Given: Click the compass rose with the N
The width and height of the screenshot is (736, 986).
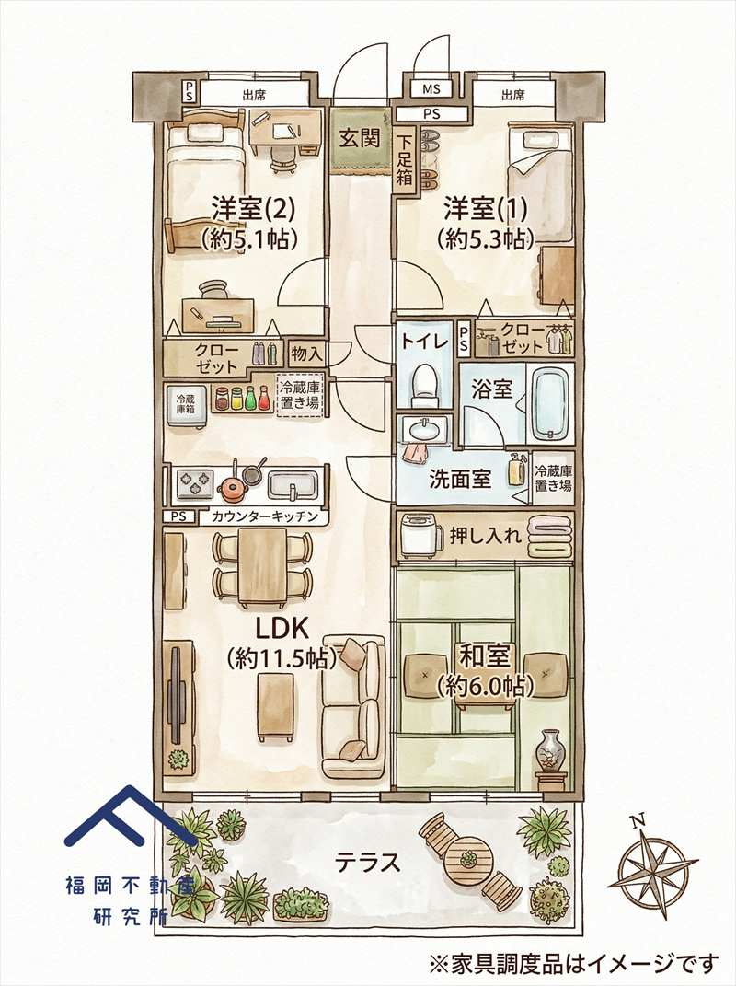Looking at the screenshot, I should (656, 864).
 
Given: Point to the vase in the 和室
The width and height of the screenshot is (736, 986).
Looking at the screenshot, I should (551, 748).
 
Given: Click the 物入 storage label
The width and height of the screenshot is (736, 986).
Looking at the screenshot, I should (305, 353).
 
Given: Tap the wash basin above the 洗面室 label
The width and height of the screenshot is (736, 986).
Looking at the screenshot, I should (424, 429).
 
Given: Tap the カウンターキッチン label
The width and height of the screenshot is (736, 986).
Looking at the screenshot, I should (264, 516).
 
